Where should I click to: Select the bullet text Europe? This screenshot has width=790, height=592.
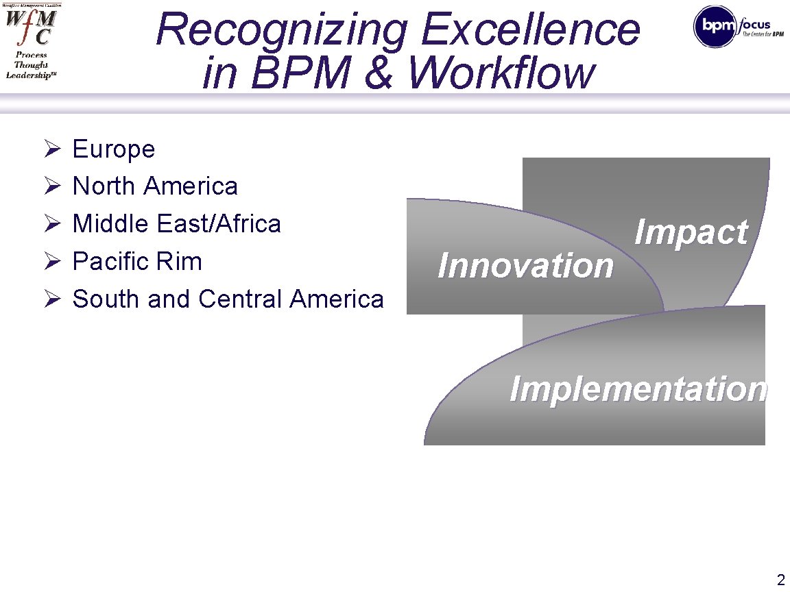114,149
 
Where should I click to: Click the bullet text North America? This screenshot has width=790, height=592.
155,186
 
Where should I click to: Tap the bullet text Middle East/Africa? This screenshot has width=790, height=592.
176,224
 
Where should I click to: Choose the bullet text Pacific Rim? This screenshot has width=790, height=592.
137,261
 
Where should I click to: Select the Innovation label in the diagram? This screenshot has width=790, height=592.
525,265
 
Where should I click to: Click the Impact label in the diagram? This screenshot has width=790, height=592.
691,232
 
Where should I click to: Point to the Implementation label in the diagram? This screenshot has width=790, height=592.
638,389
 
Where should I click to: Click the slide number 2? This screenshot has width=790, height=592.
780,579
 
